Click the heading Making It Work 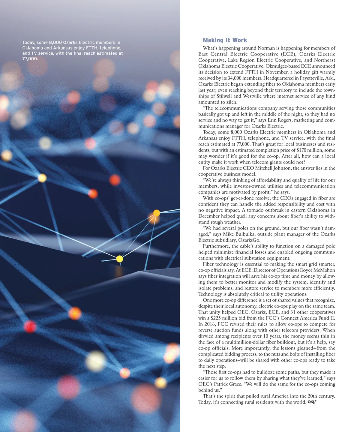tap(225, 40)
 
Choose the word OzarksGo tap(249, 240)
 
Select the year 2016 tap(209, 324)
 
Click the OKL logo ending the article tap(312, 402)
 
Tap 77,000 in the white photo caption tap(30, 58)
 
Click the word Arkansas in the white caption tap(63, 48)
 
